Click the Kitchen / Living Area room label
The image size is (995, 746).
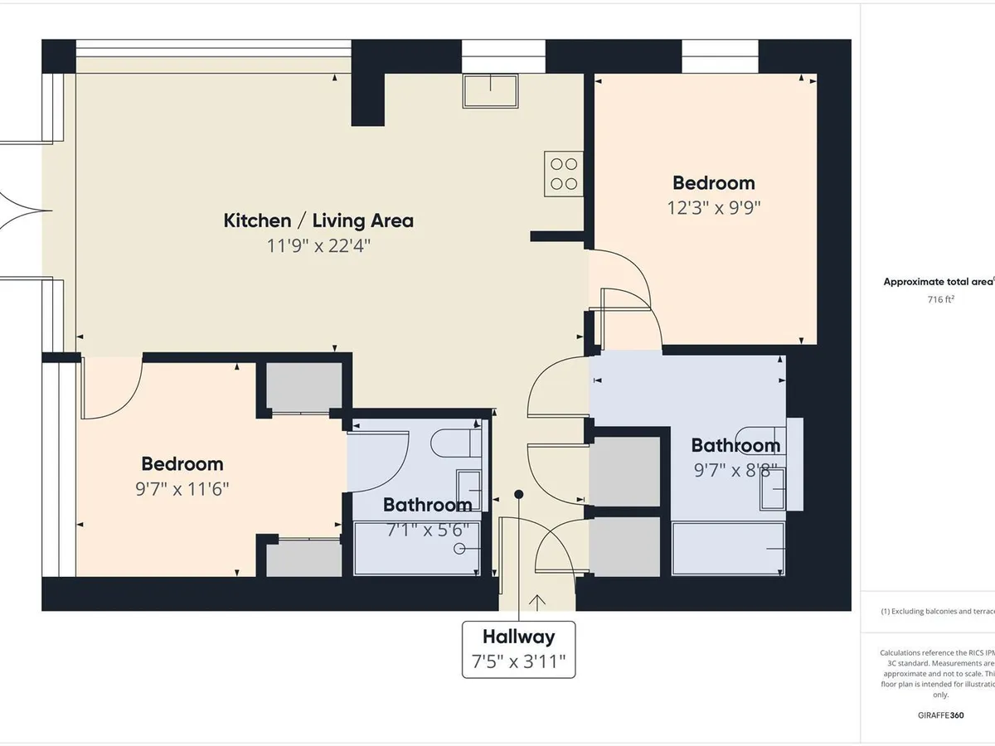pos(318,220)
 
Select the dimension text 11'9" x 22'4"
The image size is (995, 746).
pos(318,245)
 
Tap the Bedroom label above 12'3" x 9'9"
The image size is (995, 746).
pos(713,182)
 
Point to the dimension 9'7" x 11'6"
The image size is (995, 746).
pos(182,489)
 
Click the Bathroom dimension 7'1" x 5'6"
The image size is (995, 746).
pos(427,529)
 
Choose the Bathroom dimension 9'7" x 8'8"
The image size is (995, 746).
pos(735,471)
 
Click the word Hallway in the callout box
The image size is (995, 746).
pos(518,637)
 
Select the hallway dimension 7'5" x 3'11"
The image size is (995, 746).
pos(518,661)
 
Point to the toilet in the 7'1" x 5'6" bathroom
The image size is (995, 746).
pos(456,442)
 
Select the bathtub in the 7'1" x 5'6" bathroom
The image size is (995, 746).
pos(417,548)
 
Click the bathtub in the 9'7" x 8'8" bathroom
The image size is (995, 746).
pos(727,548)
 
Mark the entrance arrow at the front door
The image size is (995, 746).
pos(537,601)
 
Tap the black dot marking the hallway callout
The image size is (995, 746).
pos(519,495)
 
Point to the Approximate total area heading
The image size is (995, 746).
pos(938,282)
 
